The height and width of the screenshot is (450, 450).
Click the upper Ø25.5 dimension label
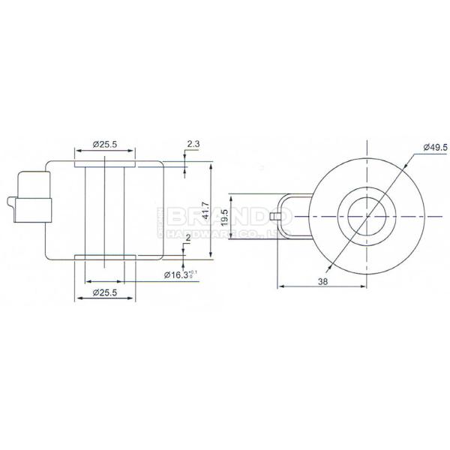coord(105,144)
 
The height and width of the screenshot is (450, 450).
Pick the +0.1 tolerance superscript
coord(194,271)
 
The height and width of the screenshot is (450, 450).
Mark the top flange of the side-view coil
coord(105,162)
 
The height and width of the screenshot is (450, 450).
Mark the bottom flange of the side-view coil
coord(105,259)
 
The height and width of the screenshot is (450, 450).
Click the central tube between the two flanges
coord(105,211)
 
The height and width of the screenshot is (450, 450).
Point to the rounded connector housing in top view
coord(294,214)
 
